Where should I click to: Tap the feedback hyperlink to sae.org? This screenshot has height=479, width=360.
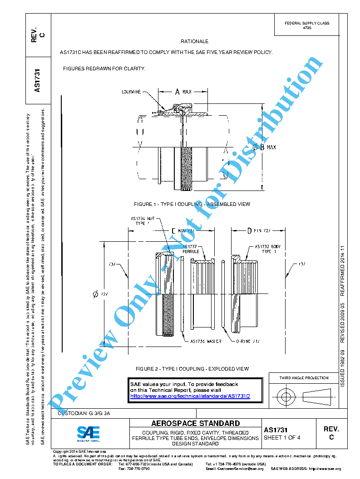(x=190, y=396)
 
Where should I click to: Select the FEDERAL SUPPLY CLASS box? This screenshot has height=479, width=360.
(x=306, y=25)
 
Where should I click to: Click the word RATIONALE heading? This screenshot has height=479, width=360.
(x=194, y=41)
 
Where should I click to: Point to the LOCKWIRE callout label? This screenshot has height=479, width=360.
(x=131, y=92)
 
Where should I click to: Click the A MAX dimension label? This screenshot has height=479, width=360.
(x=182, y=92)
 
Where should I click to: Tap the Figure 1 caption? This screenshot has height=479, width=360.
(x=192, y=204)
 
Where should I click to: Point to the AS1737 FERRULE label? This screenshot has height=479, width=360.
(x=191, y=249)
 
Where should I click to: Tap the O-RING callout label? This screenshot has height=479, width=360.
(x=247, y=341)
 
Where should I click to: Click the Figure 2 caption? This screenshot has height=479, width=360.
(x=192, y=369)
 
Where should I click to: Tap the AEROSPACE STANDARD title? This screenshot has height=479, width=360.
(x=195, y=423)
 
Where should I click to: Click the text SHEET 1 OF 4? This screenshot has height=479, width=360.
(x=282, y=438)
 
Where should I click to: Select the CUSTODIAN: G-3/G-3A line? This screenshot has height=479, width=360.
(x=84, y=414)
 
